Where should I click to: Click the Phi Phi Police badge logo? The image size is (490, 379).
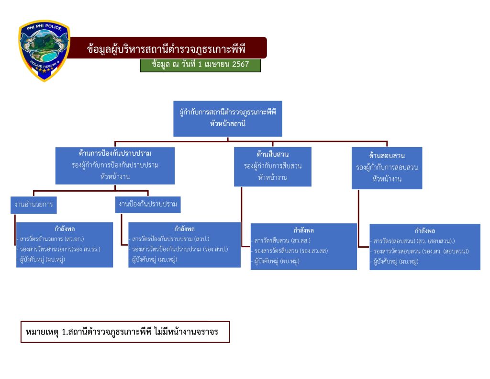click(x=44, y=50)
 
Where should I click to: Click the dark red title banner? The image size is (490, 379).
click(x=167, y=48)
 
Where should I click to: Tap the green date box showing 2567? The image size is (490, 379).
click(x=200, y=65)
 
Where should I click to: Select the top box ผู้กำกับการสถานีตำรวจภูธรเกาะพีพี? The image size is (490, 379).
click(x=227, y=118)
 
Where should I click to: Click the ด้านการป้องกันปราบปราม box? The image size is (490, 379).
click(x=115, y=165)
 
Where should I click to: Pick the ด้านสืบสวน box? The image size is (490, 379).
click(x=272, y=166)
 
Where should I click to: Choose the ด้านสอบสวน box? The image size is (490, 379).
click(x=387, y=168)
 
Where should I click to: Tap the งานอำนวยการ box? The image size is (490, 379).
click(x=33, y=205)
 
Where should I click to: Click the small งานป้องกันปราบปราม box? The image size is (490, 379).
click(x=148, y=204)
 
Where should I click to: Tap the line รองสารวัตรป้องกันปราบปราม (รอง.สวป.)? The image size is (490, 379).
click(x=180, y=249)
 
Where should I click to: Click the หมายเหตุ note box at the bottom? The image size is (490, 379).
click(x=125, y=332)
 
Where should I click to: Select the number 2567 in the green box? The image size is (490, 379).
click(x=240, y=65)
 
